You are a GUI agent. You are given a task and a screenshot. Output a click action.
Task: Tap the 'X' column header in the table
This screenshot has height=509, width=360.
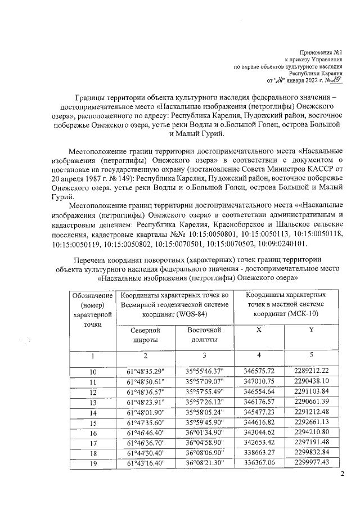pyautogui.click(x=258, y=331)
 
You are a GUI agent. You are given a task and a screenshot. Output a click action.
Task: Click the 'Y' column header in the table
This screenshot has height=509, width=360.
pyautogui.click(x=310, y=331)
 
